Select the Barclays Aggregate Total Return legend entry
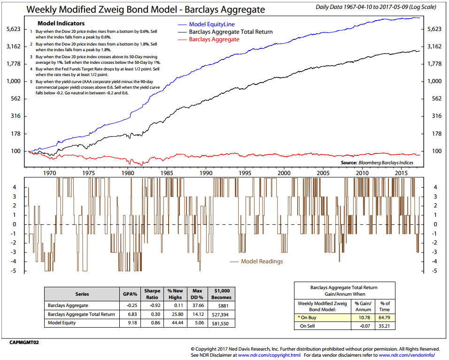231,32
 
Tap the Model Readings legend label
262,261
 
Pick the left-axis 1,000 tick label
13,81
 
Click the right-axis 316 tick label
435,116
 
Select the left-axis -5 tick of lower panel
15,271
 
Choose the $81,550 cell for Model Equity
221,323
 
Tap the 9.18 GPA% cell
131,323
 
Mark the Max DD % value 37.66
197,305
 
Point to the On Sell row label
308,326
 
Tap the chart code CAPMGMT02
23,343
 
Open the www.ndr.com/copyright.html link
269,355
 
